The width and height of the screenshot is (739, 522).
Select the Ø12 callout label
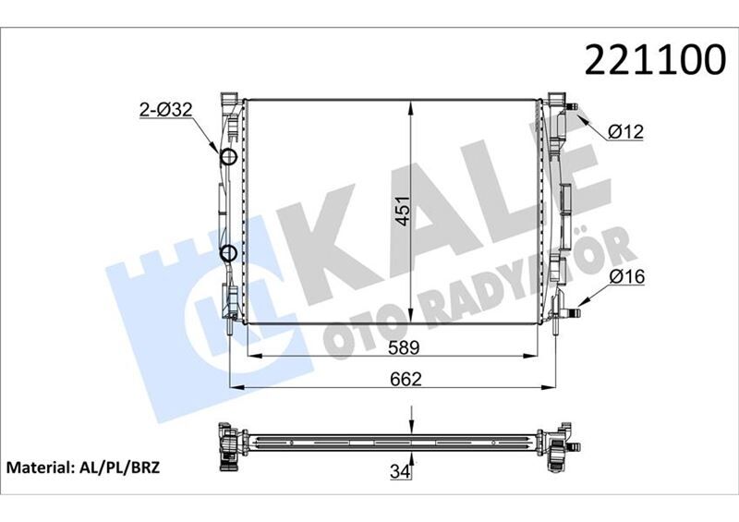point(625,132)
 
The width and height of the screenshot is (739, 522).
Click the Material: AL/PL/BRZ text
point(84,467)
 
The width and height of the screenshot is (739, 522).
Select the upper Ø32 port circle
point(229,156)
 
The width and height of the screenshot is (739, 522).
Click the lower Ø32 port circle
point(229,253)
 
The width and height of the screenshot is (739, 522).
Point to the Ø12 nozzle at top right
point(575,110)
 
